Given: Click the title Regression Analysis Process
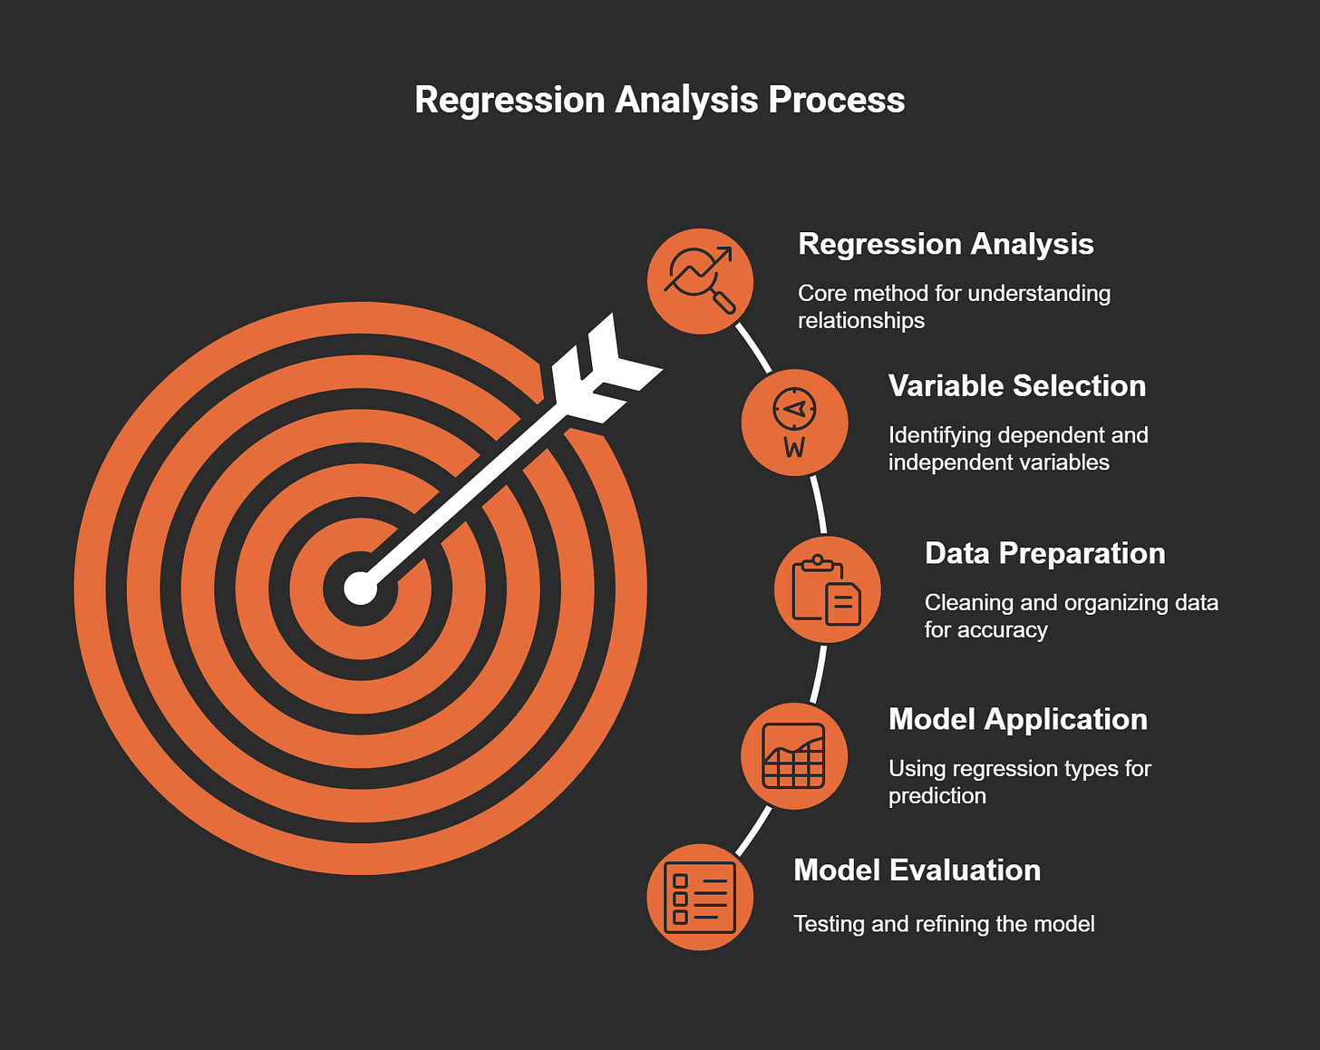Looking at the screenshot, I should click(659, 100).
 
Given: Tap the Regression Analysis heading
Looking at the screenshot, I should click(945, 244).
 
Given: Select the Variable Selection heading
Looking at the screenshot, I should click(1016, 385).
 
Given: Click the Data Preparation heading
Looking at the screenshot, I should click(1044, 553).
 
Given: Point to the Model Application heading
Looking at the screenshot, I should click(1017, 719).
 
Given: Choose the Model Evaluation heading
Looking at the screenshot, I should click(917, 870).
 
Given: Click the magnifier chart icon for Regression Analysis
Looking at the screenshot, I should click(700, 281).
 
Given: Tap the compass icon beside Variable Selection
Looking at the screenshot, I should click(794, 423).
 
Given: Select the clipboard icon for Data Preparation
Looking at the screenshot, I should click(827, 589).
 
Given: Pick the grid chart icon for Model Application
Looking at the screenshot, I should click(794, 755).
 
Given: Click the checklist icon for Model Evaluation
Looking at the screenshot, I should click(700, 898).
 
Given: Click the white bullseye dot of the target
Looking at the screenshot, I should click(360, 588).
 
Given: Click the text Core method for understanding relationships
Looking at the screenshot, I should click(954, 306).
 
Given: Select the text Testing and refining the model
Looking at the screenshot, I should click(944, 924).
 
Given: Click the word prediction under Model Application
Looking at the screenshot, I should click(937, 796).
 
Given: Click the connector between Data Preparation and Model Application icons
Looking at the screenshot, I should click(819, 673).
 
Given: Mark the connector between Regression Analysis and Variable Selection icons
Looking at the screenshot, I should click(753, 348).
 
